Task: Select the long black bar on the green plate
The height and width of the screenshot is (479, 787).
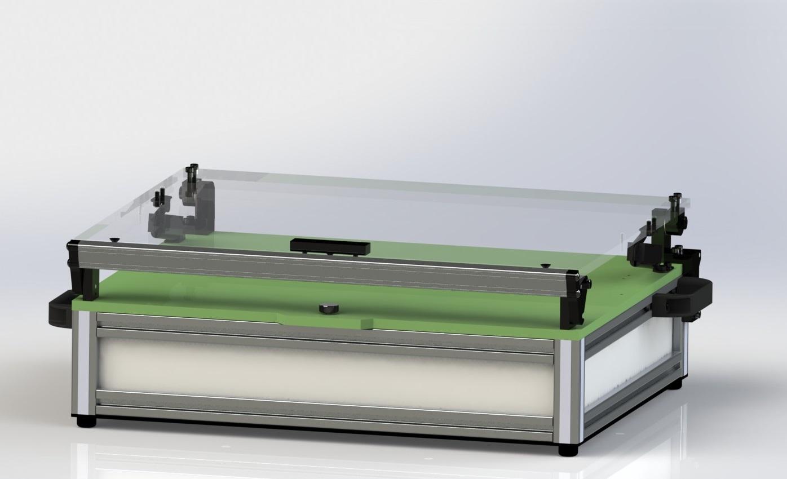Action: point(330,246)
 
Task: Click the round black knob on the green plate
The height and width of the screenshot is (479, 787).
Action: point(326,308)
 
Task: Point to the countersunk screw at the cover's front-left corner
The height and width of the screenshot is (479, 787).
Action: point(115,239)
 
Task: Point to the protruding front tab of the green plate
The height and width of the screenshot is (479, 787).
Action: point(327,319)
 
